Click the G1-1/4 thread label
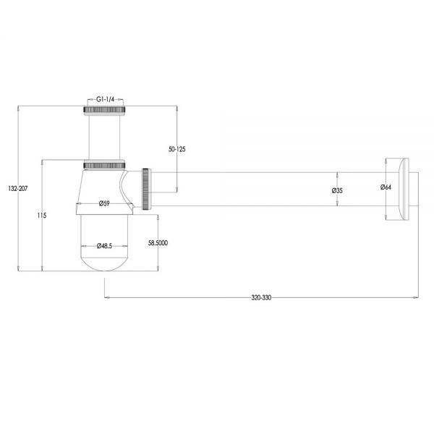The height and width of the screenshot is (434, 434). tap(105, 100)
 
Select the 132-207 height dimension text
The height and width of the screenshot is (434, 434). tap(18, 189)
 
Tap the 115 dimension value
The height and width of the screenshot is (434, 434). tap(42, 216)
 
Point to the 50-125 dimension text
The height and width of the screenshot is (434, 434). tap(177, 150)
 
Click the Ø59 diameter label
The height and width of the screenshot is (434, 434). tap(104, 203)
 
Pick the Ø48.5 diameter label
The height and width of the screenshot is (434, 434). tap(104, 246)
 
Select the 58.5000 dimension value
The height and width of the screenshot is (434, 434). tap(158, 243)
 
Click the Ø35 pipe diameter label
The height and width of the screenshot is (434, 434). tap(337, 190)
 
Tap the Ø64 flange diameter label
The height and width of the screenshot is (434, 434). tap(386, 187)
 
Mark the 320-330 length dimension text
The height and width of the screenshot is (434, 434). tap(261, 298)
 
